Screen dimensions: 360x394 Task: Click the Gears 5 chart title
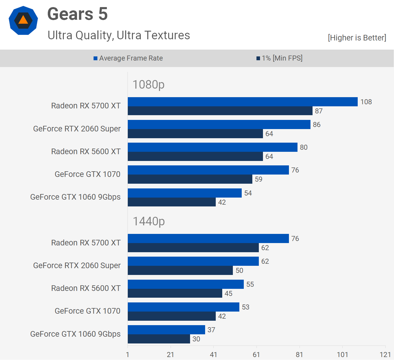point(78,14)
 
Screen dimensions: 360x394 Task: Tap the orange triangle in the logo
point(23,20)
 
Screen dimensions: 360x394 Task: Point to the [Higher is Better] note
point(357,38)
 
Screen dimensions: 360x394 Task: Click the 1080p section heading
point(148,84)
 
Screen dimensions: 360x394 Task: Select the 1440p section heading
point(149,221)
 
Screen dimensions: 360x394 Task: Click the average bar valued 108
point(243,102)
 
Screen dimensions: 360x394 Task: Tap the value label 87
point(319,111)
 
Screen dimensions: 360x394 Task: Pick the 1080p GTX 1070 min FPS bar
point(190,179)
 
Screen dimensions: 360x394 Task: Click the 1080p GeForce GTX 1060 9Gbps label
point(75,197)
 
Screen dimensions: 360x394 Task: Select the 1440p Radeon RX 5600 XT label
point(86,288)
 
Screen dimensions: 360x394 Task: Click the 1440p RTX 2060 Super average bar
point(193,261)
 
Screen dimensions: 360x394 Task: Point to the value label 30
point(196,339)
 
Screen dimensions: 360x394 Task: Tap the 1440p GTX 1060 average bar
point(166,330)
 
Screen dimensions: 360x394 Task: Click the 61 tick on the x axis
point(256,354)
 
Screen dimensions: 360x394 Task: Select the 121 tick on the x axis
point(385,354)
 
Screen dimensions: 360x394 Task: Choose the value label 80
point(304,147)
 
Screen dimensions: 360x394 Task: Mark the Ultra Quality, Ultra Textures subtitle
point(119,35)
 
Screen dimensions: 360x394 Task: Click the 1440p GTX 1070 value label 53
point(246,307)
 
